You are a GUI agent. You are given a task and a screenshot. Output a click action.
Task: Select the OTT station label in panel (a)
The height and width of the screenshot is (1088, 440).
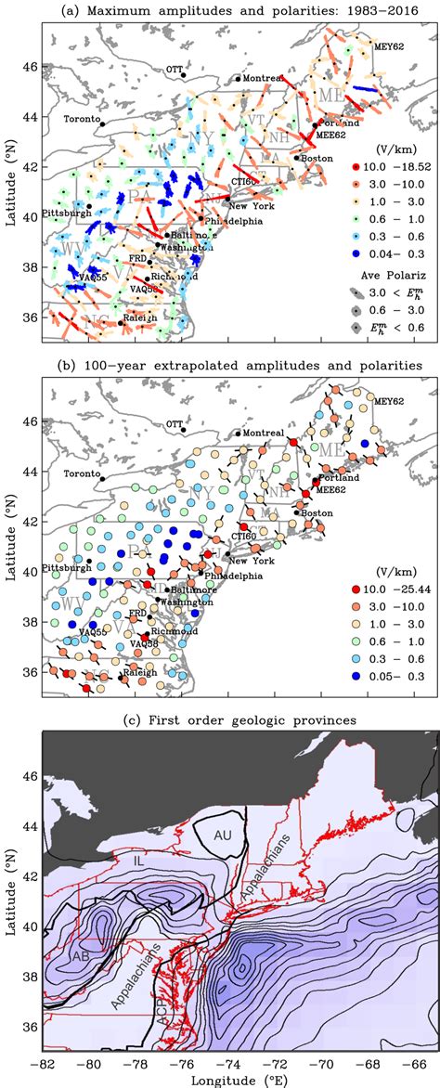(174, 69)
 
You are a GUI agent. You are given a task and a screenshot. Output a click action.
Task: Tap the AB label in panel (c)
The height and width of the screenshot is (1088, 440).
(79, 951)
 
